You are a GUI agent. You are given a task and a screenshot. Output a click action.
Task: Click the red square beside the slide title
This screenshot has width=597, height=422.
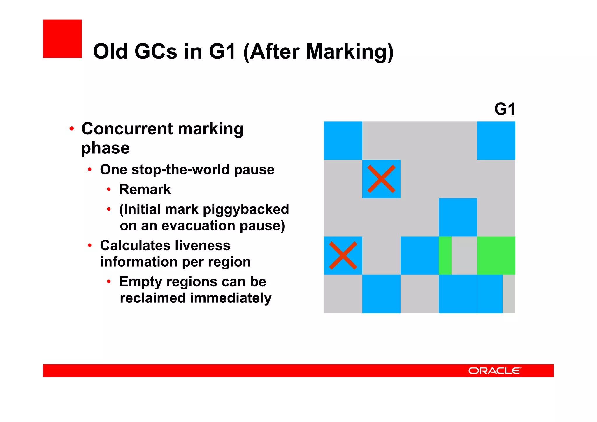click(x=62, y=38)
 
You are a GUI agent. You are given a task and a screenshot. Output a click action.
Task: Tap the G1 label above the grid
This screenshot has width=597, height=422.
click(x=505, y=109)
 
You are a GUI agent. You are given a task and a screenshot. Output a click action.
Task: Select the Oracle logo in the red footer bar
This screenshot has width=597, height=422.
click(x=494, y=371)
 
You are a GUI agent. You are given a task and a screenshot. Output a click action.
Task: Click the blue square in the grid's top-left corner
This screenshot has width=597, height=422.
click(x=343, y=141)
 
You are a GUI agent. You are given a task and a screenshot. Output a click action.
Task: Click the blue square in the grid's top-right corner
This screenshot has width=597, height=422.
click(x=496, y=141)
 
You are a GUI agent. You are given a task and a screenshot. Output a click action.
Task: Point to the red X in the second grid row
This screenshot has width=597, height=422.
click(x=381, y=179)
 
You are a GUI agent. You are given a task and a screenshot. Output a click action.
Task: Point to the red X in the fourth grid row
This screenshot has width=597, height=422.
click(x=343, y=255)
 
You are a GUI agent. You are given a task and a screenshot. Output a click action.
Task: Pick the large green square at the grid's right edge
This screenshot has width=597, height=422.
click(x=496, y=255)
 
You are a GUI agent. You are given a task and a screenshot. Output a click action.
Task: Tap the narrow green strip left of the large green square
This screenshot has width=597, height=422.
click(x=445, y=255)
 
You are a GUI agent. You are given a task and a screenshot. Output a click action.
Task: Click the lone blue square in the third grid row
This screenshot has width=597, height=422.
click(x=458, y=217)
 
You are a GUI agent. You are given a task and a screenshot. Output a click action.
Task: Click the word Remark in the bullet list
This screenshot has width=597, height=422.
click(x=145, y=190)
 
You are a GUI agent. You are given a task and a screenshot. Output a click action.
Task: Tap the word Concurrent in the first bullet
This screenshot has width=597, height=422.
click(x=127, y=129)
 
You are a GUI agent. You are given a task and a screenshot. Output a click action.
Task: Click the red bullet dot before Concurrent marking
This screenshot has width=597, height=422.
click(x=72, y=129)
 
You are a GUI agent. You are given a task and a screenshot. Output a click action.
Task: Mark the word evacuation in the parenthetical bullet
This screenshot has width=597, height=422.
click(x=198, y=226)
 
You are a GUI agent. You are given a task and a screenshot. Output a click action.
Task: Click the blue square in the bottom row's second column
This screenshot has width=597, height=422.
click(x=381, y=294)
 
